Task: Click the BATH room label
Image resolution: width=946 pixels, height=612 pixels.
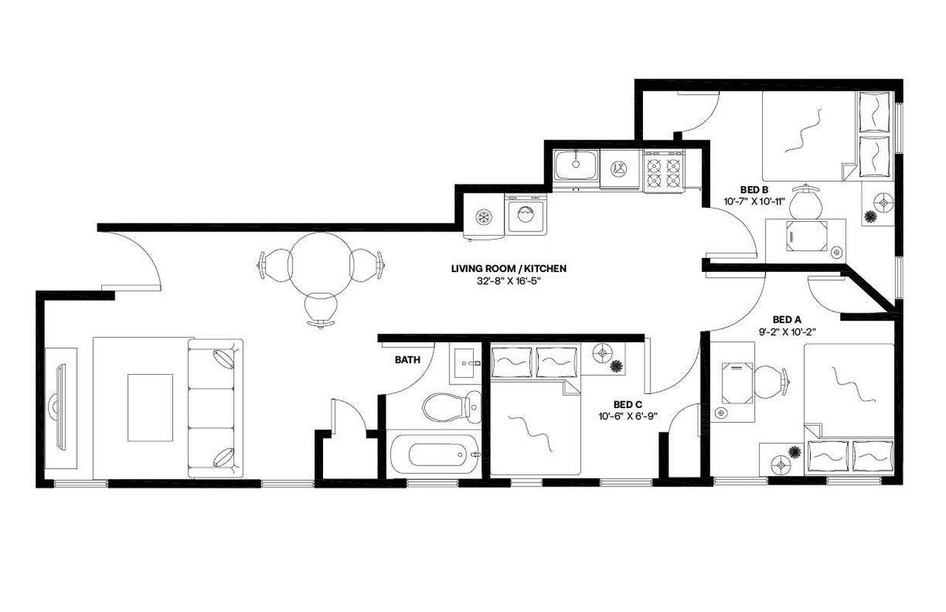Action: [x=408, y=361]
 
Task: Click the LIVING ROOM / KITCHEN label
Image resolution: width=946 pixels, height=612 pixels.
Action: [x=508, y=269]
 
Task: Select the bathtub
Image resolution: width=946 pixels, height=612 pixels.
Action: [x=432, y=453]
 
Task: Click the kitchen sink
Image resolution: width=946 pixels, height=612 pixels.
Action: [x=576, y=164]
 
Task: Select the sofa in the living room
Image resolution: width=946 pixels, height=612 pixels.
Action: [x=215, y=408]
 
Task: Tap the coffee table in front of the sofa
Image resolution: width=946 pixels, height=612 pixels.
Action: [x=150, y=407]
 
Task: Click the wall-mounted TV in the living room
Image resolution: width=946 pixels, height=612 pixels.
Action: [x=58, y=407]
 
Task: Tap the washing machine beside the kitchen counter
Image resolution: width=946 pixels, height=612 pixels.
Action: [x=525, y=215]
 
